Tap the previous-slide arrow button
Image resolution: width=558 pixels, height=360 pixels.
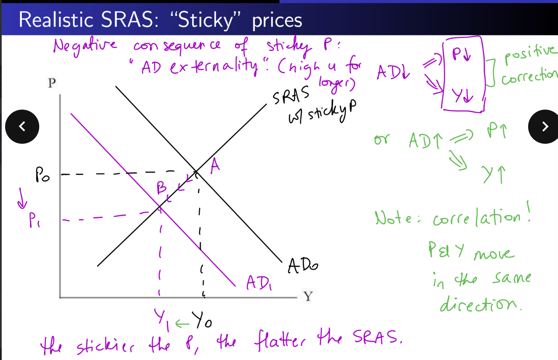[23, 126]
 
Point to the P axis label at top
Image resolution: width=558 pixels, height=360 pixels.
[52, 83]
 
